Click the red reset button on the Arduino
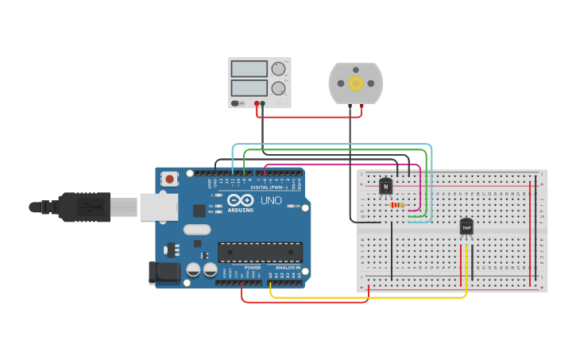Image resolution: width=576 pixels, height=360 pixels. (169, 180)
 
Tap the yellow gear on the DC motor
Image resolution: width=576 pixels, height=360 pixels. (355, 83)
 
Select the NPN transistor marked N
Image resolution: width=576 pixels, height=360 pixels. (386, 186)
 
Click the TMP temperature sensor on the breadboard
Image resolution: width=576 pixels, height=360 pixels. (466, 227)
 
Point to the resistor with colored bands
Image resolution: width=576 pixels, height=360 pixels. (397, 205)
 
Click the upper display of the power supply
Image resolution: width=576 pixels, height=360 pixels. (248, 68)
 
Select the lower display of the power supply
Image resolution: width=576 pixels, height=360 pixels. (248, 87)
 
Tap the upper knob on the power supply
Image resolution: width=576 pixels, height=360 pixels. (278, 69)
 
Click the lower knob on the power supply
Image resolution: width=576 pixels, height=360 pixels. (278, 88)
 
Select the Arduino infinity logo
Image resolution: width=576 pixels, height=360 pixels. (240, 200)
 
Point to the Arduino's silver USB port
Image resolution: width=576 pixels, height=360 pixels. (159, 207)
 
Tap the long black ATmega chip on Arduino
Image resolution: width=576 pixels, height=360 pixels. (260, 252)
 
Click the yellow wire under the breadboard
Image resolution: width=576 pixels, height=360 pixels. (365, 297)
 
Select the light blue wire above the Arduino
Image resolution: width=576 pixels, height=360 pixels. (334, 145)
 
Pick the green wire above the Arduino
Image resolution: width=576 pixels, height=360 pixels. (334, 149)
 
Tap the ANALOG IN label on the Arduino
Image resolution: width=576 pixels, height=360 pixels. (288, 268)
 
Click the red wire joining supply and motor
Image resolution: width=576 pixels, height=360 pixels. (310, 117)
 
